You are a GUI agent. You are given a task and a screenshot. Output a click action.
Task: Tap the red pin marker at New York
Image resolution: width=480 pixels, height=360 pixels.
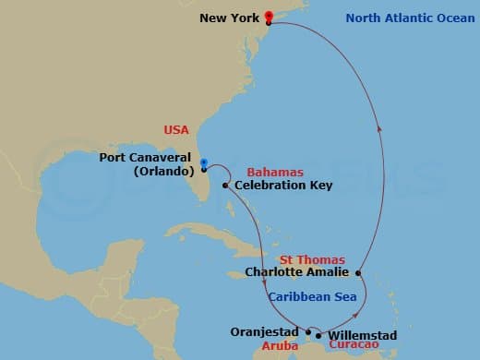268,16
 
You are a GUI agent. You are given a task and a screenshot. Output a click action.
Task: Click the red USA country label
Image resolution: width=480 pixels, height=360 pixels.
176,130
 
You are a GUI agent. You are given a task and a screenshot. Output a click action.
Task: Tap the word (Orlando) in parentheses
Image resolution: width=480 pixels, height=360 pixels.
162,171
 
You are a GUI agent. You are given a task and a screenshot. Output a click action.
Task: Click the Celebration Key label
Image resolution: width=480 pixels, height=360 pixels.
282,186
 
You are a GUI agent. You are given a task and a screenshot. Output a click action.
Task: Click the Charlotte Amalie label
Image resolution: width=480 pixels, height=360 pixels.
297,272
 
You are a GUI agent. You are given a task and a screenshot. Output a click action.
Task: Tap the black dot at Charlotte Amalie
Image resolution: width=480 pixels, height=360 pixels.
357,272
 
